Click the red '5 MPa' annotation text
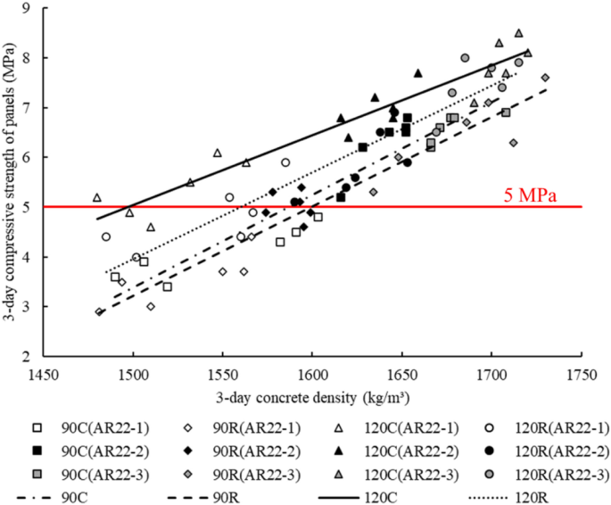[529, 195]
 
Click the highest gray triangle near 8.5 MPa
[518, 33]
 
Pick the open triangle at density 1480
[97, 197]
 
